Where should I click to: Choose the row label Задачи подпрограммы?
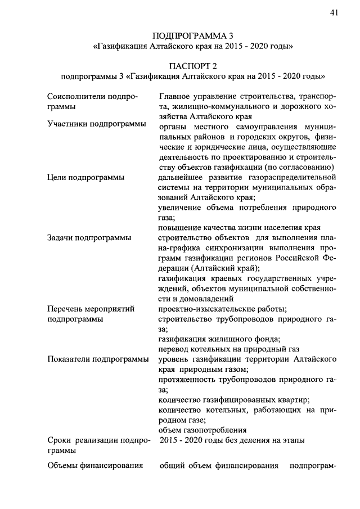click(90, 237)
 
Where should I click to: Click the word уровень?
click(175, 358)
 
